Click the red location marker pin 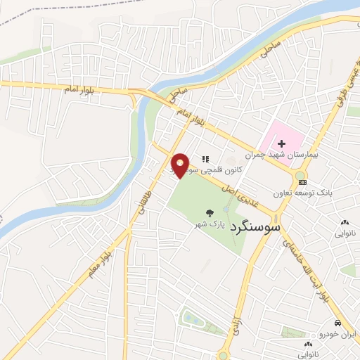click(181, 165)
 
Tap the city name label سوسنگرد click(251, 227)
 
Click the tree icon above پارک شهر click(210, 212)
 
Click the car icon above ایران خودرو click(338, 323)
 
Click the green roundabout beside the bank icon click(301, 175)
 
